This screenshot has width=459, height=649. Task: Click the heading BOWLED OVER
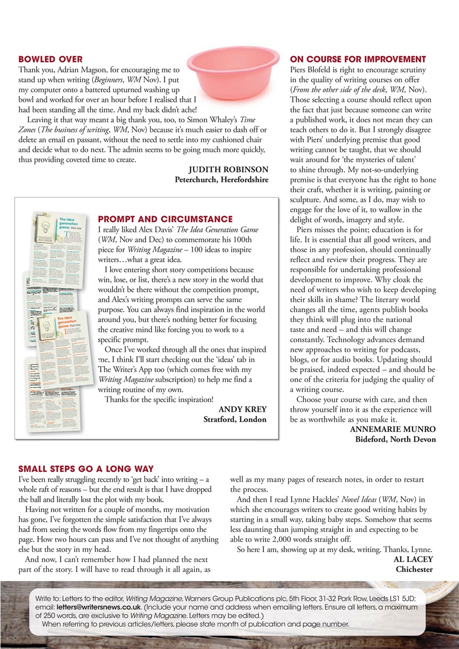click(x=50, y=59)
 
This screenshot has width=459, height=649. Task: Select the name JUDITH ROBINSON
click(x=228, y=170)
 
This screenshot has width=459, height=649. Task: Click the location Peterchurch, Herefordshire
click(x=221, y=179)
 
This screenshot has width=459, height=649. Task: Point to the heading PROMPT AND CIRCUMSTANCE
click(x=165, y=220)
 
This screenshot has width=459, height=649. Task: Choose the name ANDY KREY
click(x=242, y=410)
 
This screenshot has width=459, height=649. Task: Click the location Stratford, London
click(x=234, y=419)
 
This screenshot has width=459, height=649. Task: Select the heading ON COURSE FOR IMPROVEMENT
click(x=358, y=59)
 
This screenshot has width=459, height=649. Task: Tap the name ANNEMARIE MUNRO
click(x=393, y=429)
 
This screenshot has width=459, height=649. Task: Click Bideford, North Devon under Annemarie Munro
click(x=395, y=439)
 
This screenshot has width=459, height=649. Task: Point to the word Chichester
click(x=414, y=569)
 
